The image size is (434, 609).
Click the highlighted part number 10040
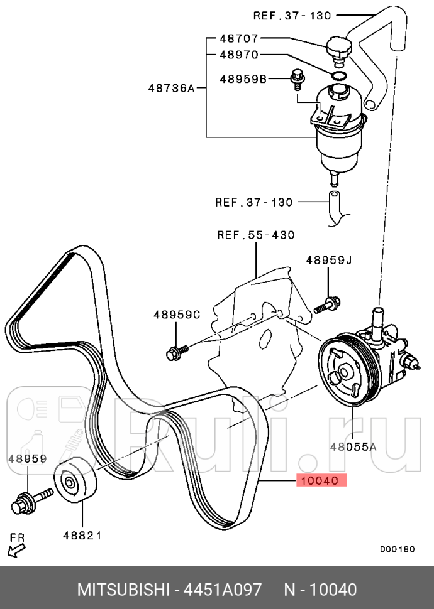tap(321, 481)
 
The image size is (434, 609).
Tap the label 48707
tap(239, 38)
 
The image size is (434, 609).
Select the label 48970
tap(239, 55)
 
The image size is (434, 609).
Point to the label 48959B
tap(243, 79)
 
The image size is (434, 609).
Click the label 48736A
tap(171, 88)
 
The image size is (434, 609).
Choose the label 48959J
tap(328, 260)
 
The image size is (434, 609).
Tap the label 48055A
tap(353, 447)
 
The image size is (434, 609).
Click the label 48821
tap(82, 536)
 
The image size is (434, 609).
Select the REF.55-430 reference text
tap(256, 235)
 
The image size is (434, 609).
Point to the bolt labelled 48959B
tap(298, 79)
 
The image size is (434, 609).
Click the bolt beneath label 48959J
tap(326, 304)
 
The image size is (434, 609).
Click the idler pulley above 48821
tap(75, 480)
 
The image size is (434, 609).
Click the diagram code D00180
tap(397, 549)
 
